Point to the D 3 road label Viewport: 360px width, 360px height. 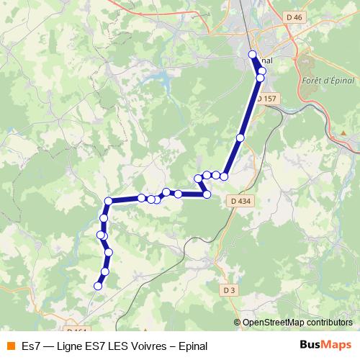(229, 289)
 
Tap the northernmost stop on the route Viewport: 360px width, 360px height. (252, 55)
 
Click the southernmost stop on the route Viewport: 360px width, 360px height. (98, 286)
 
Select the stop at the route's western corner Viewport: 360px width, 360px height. (109, 201)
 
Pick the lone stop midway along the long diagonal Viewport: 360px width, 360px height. (240, 137)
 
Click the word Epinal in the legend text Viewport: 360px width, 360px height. (193, 346)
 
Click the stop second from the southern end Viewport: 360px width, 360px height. (105, 271)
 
